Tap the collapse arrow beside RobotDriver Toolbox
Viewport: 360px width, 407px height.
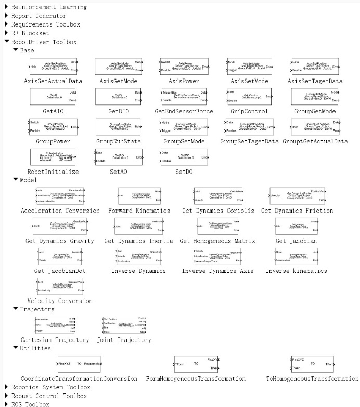click(x=6, y=41)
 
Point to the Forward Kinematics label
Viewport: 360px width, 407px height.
click(x=139, y=211)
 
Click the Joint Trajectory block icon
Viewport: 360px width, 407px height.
click(x=124, y=325)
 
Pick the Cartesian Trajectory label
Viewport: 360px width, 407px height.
click(x=55, y=340)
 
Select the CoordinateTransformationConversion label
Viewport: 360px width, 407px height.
click(x=79, y=378)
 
